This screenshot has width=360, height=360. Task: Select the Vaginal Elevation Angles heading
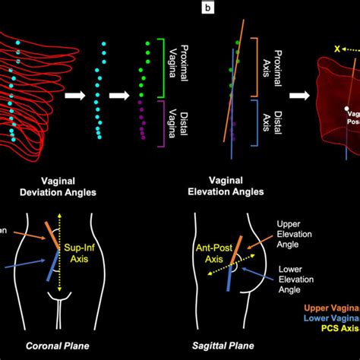pos(227,186)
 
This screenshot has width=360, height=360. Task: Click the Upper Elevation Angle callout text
pos(301,232)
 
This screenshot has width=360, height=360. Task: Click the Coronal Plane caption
pos(56,346)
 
